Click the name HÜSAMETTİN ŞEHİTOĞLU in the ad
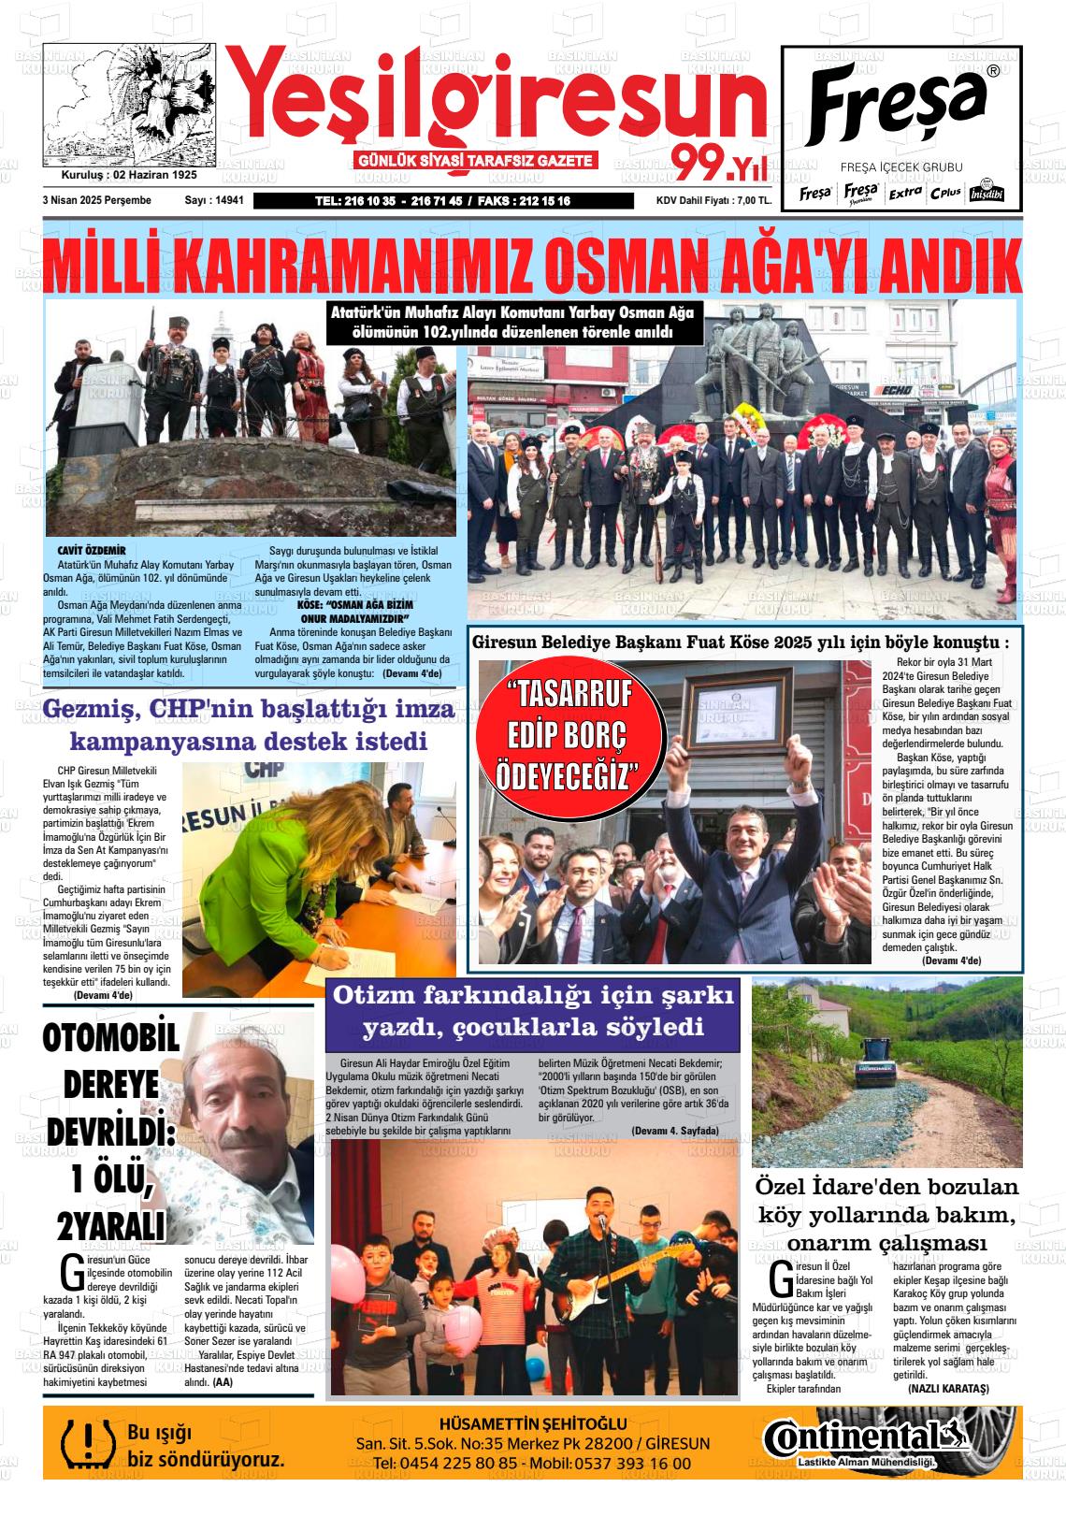533,1423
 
